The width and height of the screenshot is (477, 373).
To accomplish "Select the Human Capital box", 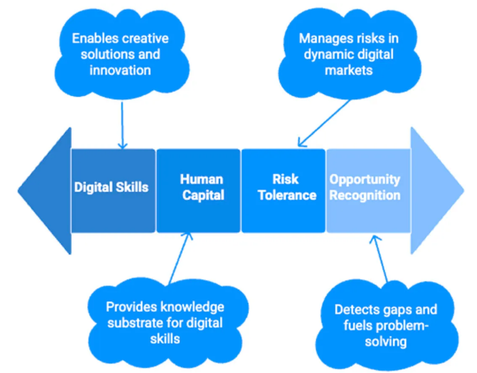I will click(x=198, y=187).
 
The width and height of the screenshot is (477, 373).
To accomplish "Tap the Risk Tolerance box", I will click(x=283, y=187).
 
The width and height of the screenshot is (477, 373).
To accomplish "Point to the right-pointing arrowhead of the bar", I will click(x=435, y=187).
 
